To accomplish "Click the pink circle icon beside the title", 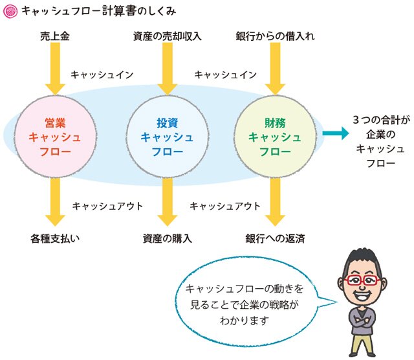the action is pos(10,12).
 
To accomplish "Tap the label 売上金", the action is pos(55,36).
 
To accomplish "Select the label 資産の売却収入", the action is pos(167,36).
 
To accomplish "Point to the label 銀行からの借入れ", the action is pos(275,36).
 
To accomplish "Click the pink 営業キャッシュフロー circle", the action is pos(55,137).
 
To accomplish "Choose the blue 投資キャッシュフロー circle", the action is pos(168,137).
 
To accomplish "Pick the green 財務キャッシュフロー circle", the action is pos(275,137).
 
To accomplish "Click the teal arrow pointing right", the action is pos(335,133).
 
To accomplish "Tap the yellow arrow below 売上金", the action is pos(55,69).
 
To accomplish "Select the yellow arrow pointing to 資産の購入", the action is pos(168,201).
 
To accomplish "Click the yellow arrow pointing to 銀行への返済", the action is pos(275,201).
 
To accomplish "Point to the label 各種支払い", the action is pos(55,239).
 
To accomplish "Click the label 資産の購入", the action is pos(167,239).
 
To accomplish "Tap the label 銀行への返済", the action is pos(275,239).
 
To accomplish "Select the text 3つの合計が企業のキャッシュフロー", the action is pos(381,141).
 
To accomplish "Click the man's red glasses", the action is pos(362,280).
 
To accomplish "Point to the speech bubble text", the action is pos(245,304).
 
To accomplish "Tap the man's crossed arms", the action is pos(362,321).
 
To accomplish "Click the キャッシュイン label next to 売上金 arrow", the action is pos(102,75).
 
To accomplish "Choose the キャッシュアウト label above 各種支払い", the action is pos(107,206).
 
